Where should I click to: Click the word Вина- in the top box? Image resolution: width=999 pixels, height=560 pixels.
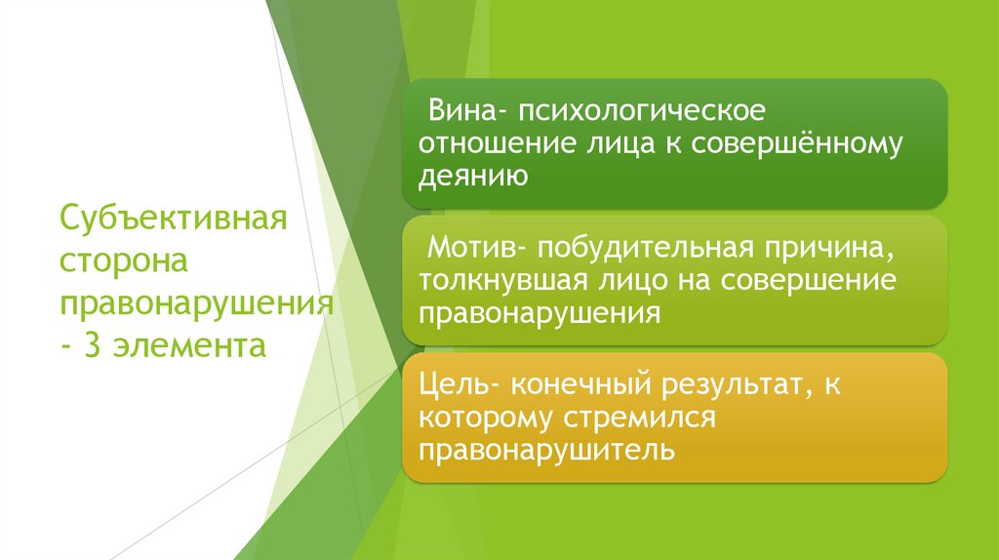(460, 108)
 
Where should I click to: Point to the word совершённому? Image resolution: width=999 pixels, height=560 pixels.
(797, 142)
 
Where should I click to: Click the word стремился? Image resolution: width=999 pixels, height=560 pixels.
(639, 419)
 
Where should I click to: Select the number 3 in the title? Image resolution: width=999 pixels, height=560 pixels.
(94, 344)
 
